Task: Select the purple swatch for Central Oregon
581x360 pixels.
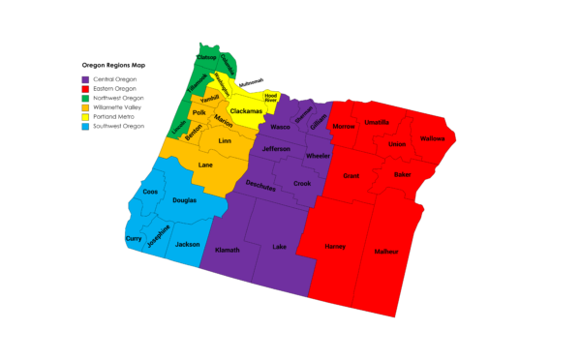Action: click(86, 78)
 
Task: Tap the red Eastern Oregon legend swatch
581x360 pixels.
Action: click(86, 87)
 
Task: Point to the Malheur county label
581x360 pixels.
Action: click(387, 252)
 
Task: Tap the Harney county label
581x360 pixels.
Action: click(335, 247)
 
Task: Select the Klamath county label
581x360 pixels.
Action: click(227, 249)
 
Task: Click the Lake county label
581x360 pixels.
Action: click(280, 247)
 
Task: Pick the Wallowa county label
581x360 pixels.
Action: click(431, 138)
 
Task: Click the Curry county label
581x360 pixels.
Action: click(134, 238)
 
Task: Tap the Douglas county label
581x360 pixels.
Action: click(184, 200)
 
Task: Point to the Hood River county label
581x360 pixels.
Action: click(271, 97)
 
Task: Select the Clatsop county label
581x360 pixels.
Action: click(206, 58)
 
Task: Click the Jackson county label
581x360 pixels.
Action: click(188, 245)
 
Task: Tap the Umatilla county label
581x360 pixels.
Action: click(377, 123)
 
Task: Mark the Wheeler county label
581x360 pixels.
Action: click(318, 156)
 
